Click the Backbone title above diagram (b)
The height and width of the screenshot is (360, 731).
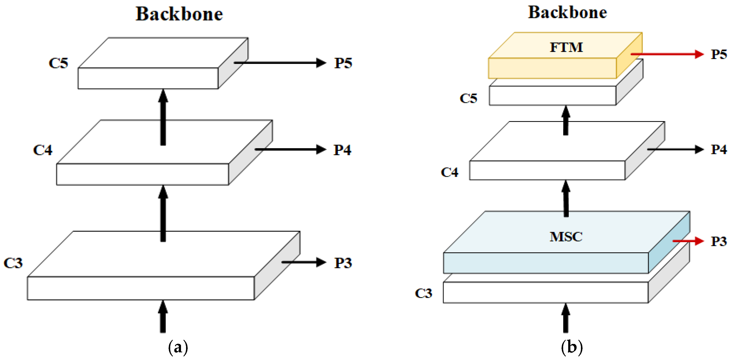click(567, 12)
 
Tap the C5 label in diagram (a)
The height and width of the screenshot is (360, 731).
click(58, 63)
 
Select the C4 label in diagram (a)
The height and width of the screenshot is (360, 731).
click(43, 150)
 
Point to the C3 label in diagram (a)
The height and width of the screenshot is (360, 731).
click(13, 263)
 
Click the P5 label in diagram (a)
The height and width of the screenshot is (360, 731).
click(343, 63)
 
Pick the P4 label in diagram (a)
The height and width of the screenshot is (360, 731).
click(342, 150)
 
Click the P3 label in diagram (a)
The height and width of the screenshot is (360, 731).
click(343, 263)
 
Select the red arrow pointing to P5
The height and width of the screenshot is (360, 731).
click(667, 54)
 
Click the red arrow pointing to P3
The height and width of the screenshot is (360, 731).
click(688, 241)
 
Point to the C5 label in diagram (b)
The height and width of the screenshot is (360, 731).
click(468, 99)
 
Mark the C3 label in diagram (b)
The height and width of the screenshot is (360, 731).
click(424, 293)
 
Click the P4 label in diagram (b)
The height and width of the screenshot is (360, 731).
click(719, 150)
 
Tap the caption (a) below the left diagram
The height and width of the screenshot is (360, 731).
click(178, 347)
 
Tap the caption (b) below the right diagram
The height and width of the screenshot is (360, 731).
click(572, 347)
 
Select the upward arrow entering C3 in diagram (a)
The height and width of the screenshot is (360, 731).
click(163, 317)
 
